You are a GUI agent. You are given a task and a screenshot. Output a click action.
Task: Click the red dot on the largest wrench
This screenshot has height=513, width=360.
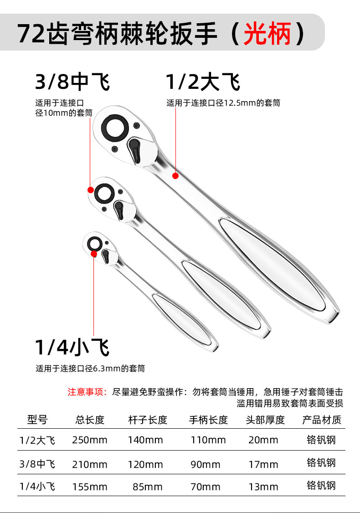point(175,176)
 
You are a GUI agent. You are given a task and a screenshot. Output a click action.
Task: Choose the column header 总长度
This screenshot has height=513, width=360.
point(90,420)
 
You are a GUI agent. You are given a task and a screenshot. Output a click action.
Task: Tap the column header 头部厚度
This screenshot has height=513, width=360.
point(265,420)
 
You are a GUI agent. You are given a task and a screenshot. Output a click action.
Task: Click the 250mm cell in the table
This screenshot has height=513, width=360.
point(90,440)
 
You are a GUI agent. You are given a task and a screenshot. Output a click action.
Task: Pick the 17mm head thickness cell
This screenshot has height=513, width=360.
point(263,464)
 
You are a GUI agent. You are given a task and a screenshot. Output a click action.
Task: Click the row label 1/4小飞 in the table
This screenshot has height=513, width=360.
point(37,486)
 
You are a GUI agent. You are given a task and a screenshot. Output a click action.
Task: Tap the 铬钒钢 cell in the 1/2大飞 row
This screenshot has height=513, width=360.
point(321,440)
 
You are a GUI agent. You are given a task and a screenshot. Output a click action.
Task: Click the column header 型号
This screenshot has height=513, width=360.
point(37,420)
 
